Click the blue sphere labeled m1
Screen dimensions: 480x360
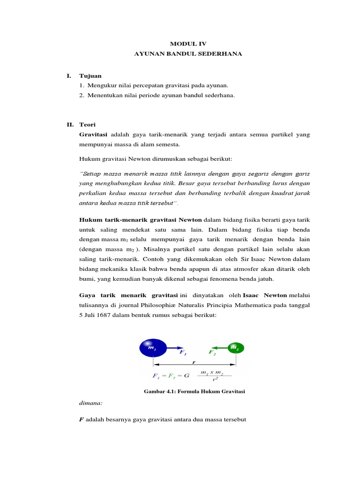point(152,348)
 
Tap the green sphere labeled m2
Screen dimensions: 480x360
point(235,348)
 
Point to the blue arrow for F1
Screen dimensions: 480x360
point(174,348)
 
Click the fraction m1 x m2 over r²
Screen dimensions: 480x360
point(211,375)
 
